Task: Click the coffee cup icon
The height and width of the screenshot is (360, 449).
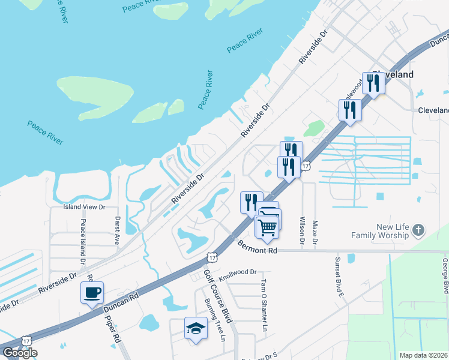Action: tap(92, 293)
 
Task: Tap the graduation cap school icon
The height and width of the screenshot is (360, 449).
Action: tap(196, 328)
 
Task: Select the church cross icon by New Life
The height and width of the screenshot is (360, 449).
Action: tap(419, 230)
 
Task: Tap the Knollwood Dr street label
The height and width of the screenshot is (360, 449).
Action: tap(238, 275)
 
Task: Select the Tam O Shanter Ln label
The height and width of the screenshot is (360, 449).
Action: tap(264, 305)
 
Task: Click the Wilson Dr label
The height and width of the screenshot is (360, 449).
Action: tap(302, 230)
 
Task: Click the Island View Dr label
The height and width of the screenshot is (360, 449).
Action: tap(85, 207)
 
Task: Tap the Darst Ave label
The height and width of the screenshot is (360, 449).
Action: tap(118, 231)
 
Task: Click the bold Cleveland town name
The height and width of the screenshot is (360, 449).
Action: tap(393, 74)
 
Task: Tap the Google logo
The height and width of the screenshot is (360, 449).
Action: tap(20, 353)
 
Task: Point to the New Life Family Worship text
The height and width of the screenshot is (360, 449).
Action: tap(393, 231)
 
